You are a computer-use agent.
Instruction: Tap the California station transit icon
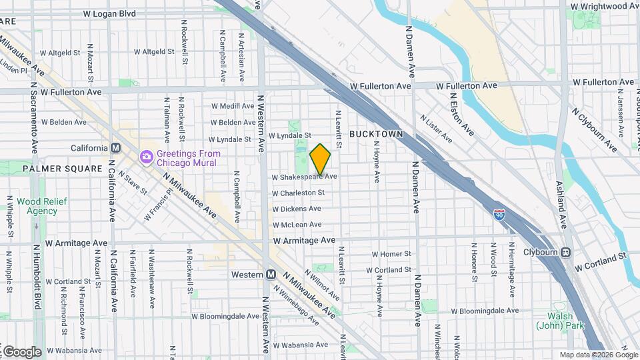[x=116, y=148]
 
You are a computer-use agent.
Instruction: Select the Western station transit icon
[x=271, y=275]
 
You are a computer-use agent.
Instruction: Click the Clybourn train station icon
[x=566, y=253]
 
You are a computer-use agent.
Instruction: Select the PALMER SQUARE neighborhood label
[x=52, y=169]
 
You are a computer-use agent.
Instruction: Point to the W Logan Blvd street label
[x=110, y=13]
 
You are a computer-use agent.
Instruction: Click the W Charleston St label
[x=298, y=193]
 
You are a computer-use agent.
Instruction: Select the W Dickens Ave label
[x=297, y=209]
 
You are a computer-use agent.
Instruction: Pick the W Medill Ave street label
[x=233, y=106]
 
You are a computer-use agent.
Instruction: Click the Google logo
[x=21, y=351]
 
